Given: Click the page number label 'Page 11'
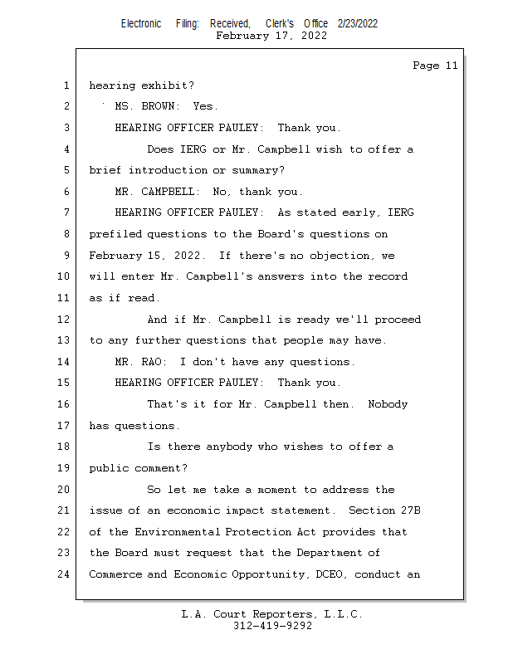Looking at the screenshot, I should (x=435, y=66).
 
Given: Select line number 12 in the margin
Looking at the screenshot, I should (x=66, y=320).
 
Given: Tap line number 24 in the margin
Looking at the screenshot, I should (x=66, y=574).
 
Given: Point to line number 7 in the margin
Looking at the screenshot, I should (x=66, y=212).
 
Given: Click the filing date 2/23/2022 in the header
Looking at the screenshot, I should (x=358, y=23).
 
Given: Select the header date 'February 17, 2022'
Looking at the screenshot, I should (x=271, y=36).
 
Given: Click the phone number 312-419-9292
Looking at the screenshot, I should (x=272, y=627).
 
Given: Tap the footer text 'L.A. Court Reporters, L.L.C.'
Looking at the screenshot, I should (x=272, y=615).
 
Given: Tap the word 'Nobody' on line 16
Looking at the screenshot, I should (x=388, y=404).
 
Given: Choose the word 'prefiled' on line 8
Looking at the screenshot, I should (x=115, y=234).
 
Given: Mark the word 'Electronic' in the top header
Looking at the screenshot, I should (x=141, y=23).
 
